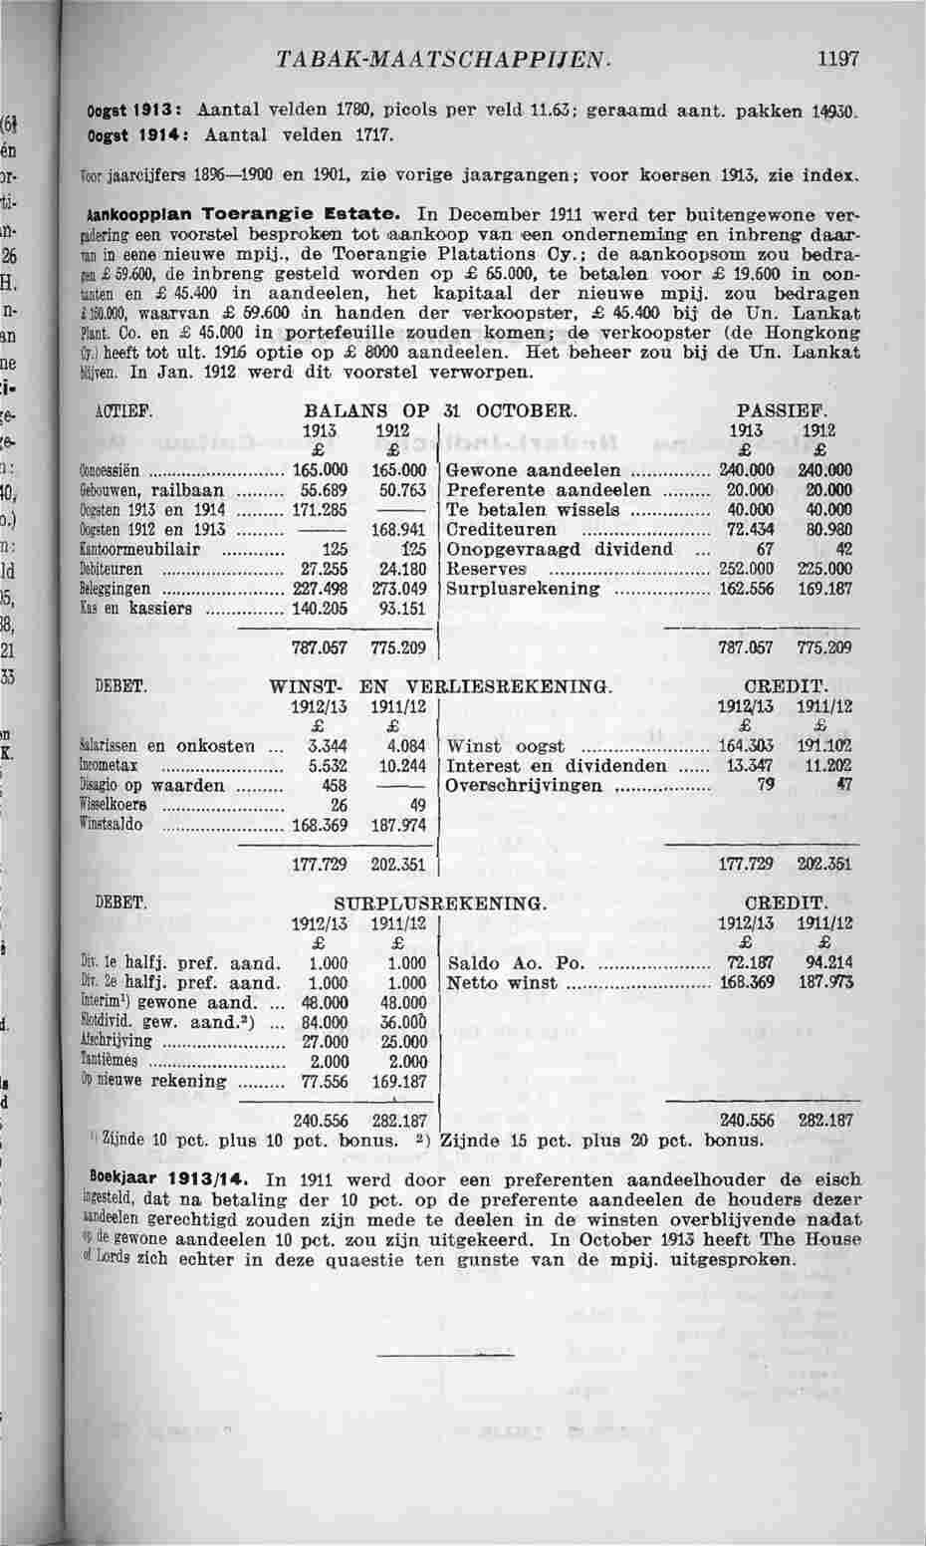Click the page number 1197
837,59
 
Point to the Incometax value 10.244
397,766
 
